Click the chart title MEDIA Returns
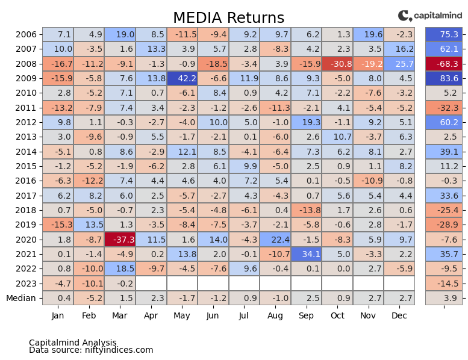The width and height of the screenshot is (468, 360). tap(228, 18)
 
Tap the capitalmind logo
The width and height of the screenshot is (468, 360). tap(430, 16)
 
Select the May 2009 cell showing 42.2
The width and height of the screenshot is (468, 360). tap(182, 78)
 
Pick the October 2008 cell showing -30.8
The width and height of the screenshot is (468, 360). tap(337, 64)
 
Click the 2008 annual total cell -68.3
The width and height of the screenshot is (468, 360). tap(444, 64)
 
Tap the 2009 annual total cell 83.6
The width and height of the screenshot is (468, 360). tap(444, 78)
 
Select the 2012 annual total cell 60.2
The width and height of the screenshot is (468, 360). tap(444, 122)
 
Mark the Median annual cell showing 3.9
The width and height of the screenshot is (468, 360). tap(444, 297)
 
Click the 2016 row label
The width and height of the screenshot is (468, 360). tap(26, 181)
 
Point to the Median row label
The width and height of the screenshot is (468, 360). tap(21, 297)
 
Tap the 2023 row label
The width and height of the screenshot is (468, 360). tap(26, 283)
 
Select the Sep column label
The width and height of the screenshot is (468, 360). tap(306, 315)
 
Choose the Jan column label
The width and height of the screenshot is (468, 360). tap(58, 315)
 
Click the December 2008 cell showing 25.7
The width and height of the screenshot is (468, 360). tap(399, 64)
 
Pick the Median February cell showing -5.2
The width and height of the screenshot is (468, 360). tap(89, 297)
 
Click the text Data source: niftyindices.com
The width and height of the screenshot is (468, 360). tap(91, 350)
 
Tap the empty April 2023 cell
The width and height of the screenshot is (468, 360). tap(151, 283)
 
